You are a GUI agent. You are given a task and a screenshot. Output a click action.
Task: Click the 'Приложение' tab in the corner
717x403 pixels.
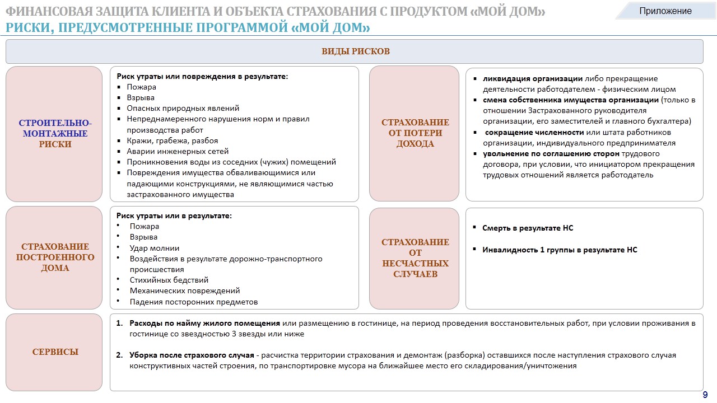pyautogui.click(x=665, y=11)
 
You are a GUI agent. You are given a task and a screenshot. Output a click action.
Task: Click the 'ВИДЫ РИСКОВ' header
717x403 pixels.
pyautogui.click(x=355, y=51)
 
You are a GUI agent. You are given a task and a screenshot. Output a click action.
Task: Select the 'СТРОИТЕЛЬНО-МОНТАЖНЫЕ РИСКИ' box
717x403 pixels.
pyautogui.click(x=55, y=134)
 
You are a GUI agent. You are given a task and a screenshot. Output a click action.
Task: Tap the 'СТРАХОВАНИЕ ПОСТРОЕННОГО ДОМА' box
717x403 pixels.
pyautogui.click(x=55, y=257)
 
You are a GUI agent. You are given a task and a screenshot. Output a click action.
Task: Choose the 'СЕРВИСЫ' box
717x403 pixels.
pyautogui.click(x=55, y=352)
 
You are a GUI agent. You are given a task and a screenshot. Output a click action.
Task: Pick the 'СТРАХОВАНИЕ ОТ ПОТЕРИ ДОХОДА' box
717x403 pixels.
pyautogui.click(x=415, y=133)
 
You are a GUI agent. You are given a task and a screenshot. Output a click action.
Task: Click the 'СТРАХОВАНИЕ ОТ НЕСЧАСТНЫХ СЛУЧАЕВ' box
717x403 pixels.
pyautogui.click(x=415, y=258)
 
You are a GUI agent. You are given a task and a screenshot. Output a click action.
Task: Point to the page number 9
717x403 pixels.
pyautogui.click(x=705, y=395)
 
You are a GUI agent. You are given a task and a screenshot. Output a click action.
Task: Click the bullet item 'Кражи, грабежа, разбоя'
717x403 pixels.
pyautogui.click(x=172, y=140)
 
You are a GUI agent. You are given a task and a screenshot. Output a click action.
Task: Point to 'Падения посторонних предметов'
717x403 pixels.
pyautogui.click(x=193, y=302)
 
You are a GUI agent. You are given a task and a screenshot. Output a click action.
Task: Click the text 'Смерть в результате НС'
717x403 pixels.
pyautogui.click(x=528, y=228)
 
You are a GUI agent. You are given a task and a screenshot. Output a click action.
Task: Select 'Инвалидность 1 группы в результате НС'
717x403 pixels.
pyautogui.click(x=560, y=250)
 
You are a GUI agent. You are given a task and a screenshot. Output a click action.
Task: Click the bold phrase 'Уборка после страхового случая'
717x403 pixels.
pyautogui.click(x=192, y=355)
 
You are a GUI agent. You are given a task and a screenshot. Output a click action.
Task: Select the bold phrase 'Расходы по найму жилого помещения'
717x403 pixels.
pyautogui.click(x=204, y=324)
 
